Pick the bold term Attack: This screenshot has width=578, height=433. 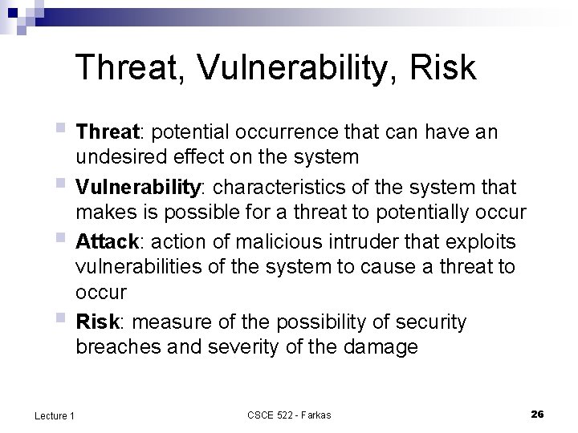[107, 241]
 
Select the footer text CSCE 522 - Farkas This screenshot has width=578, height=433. [288, 415]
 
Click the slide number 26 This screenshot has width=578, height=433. [537, 414]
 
